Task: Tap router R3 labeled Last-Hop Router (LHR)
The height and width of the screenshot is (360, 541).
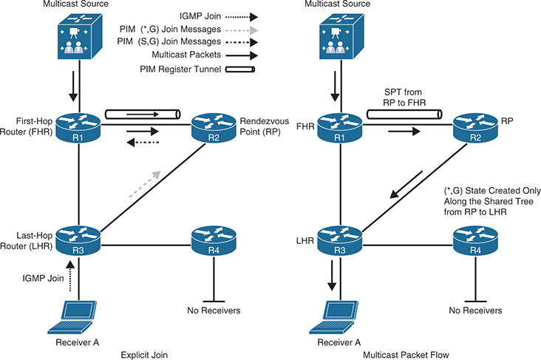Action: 78,240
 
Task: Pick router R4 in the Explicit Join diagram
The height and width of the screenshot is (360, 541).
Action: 213,240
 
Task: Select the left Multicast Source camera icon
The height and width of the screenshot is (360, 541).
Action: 78,38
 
